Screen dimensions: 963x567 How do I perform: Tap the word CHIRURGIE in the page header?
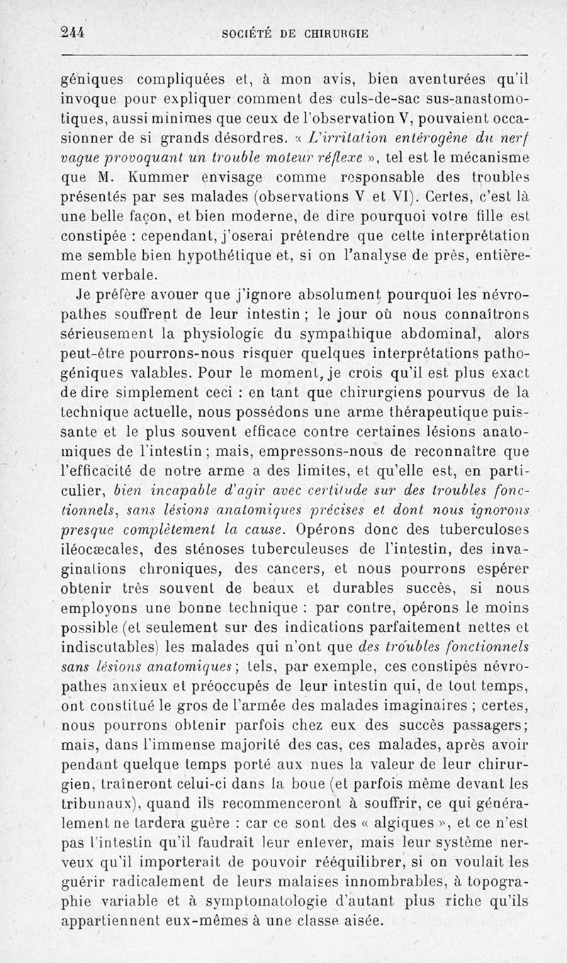[x=338, y=33]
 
